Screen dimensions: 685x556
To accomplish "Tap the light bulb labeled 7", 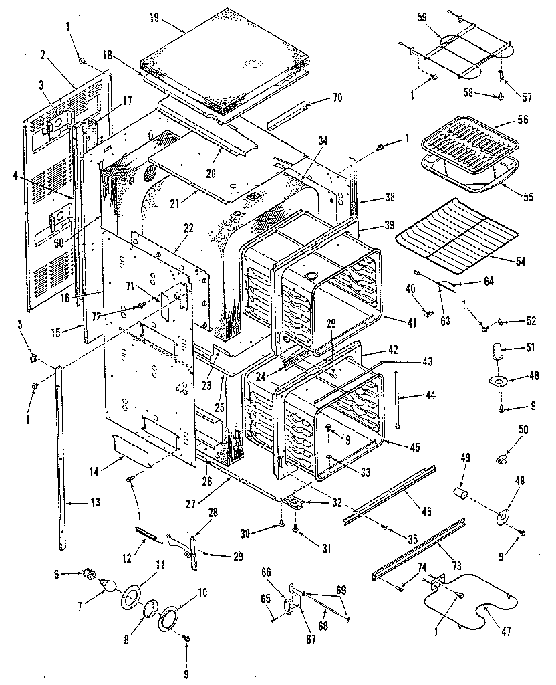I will click(108, 587).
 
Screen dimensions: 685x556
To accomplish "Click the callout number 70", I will click(336, 98).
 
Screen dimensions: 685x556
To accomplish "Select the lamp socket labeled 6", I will click(86, 573).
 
